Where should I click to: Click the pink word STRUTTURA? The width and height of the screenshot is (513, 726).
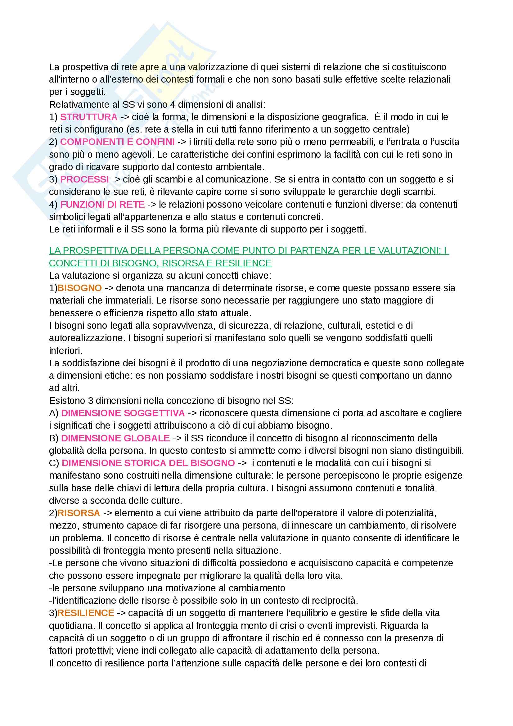point(89,117)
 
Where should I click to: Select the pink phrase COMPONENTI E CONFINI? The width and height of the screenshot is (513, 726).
point(117,142)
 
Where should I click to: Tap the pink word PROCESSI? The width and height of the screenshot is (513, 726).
point(84,179)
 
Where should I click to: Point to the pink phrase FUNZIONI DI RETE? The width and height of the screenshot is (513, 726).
point(102,205)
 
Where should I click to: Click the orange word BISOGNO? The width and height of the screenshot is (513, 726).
point(80,288)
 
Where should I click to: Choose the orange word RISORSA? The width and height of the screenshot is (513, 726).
point(79,513)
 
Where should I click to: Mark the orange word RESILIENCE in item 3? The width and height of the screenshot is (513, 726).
point(86,613)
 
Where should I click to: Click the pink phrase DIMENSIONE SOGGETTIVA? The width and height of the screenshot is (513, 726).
point(123,413)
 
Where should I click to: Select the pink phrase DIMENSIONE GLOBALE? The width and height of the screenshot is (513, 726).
point(115,438)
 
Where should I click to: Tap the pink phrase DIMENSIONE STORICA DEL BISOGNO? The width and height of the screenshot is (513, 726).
point(148,463)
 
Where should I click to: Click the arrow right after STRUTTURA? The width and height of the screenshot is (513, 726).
point(125,117)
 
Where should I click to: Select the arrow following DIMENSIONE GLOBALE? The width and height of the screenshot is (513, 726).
point(177,438)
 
